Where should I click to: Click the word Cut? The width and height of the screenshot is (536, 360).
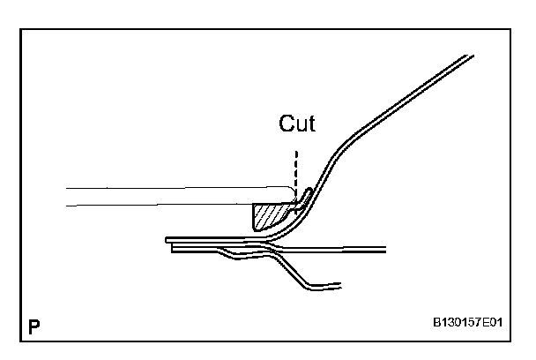(296, 124)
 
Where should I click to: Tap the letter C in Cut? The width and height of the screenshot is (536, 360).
(286, 124)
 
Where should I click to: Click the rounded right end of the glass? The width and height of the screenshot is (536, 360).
(292, 194)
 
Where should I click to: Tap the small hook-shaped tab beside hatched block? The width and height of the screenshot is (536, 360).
(303, 195)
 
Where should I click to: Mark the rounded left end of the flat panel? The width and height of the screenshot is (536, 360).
(168, 239)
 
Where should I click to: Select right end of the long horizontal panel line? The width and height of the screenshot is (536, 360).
(384, 248)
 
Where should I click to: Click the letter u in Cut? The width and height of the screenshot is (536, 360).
(298, 125)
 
